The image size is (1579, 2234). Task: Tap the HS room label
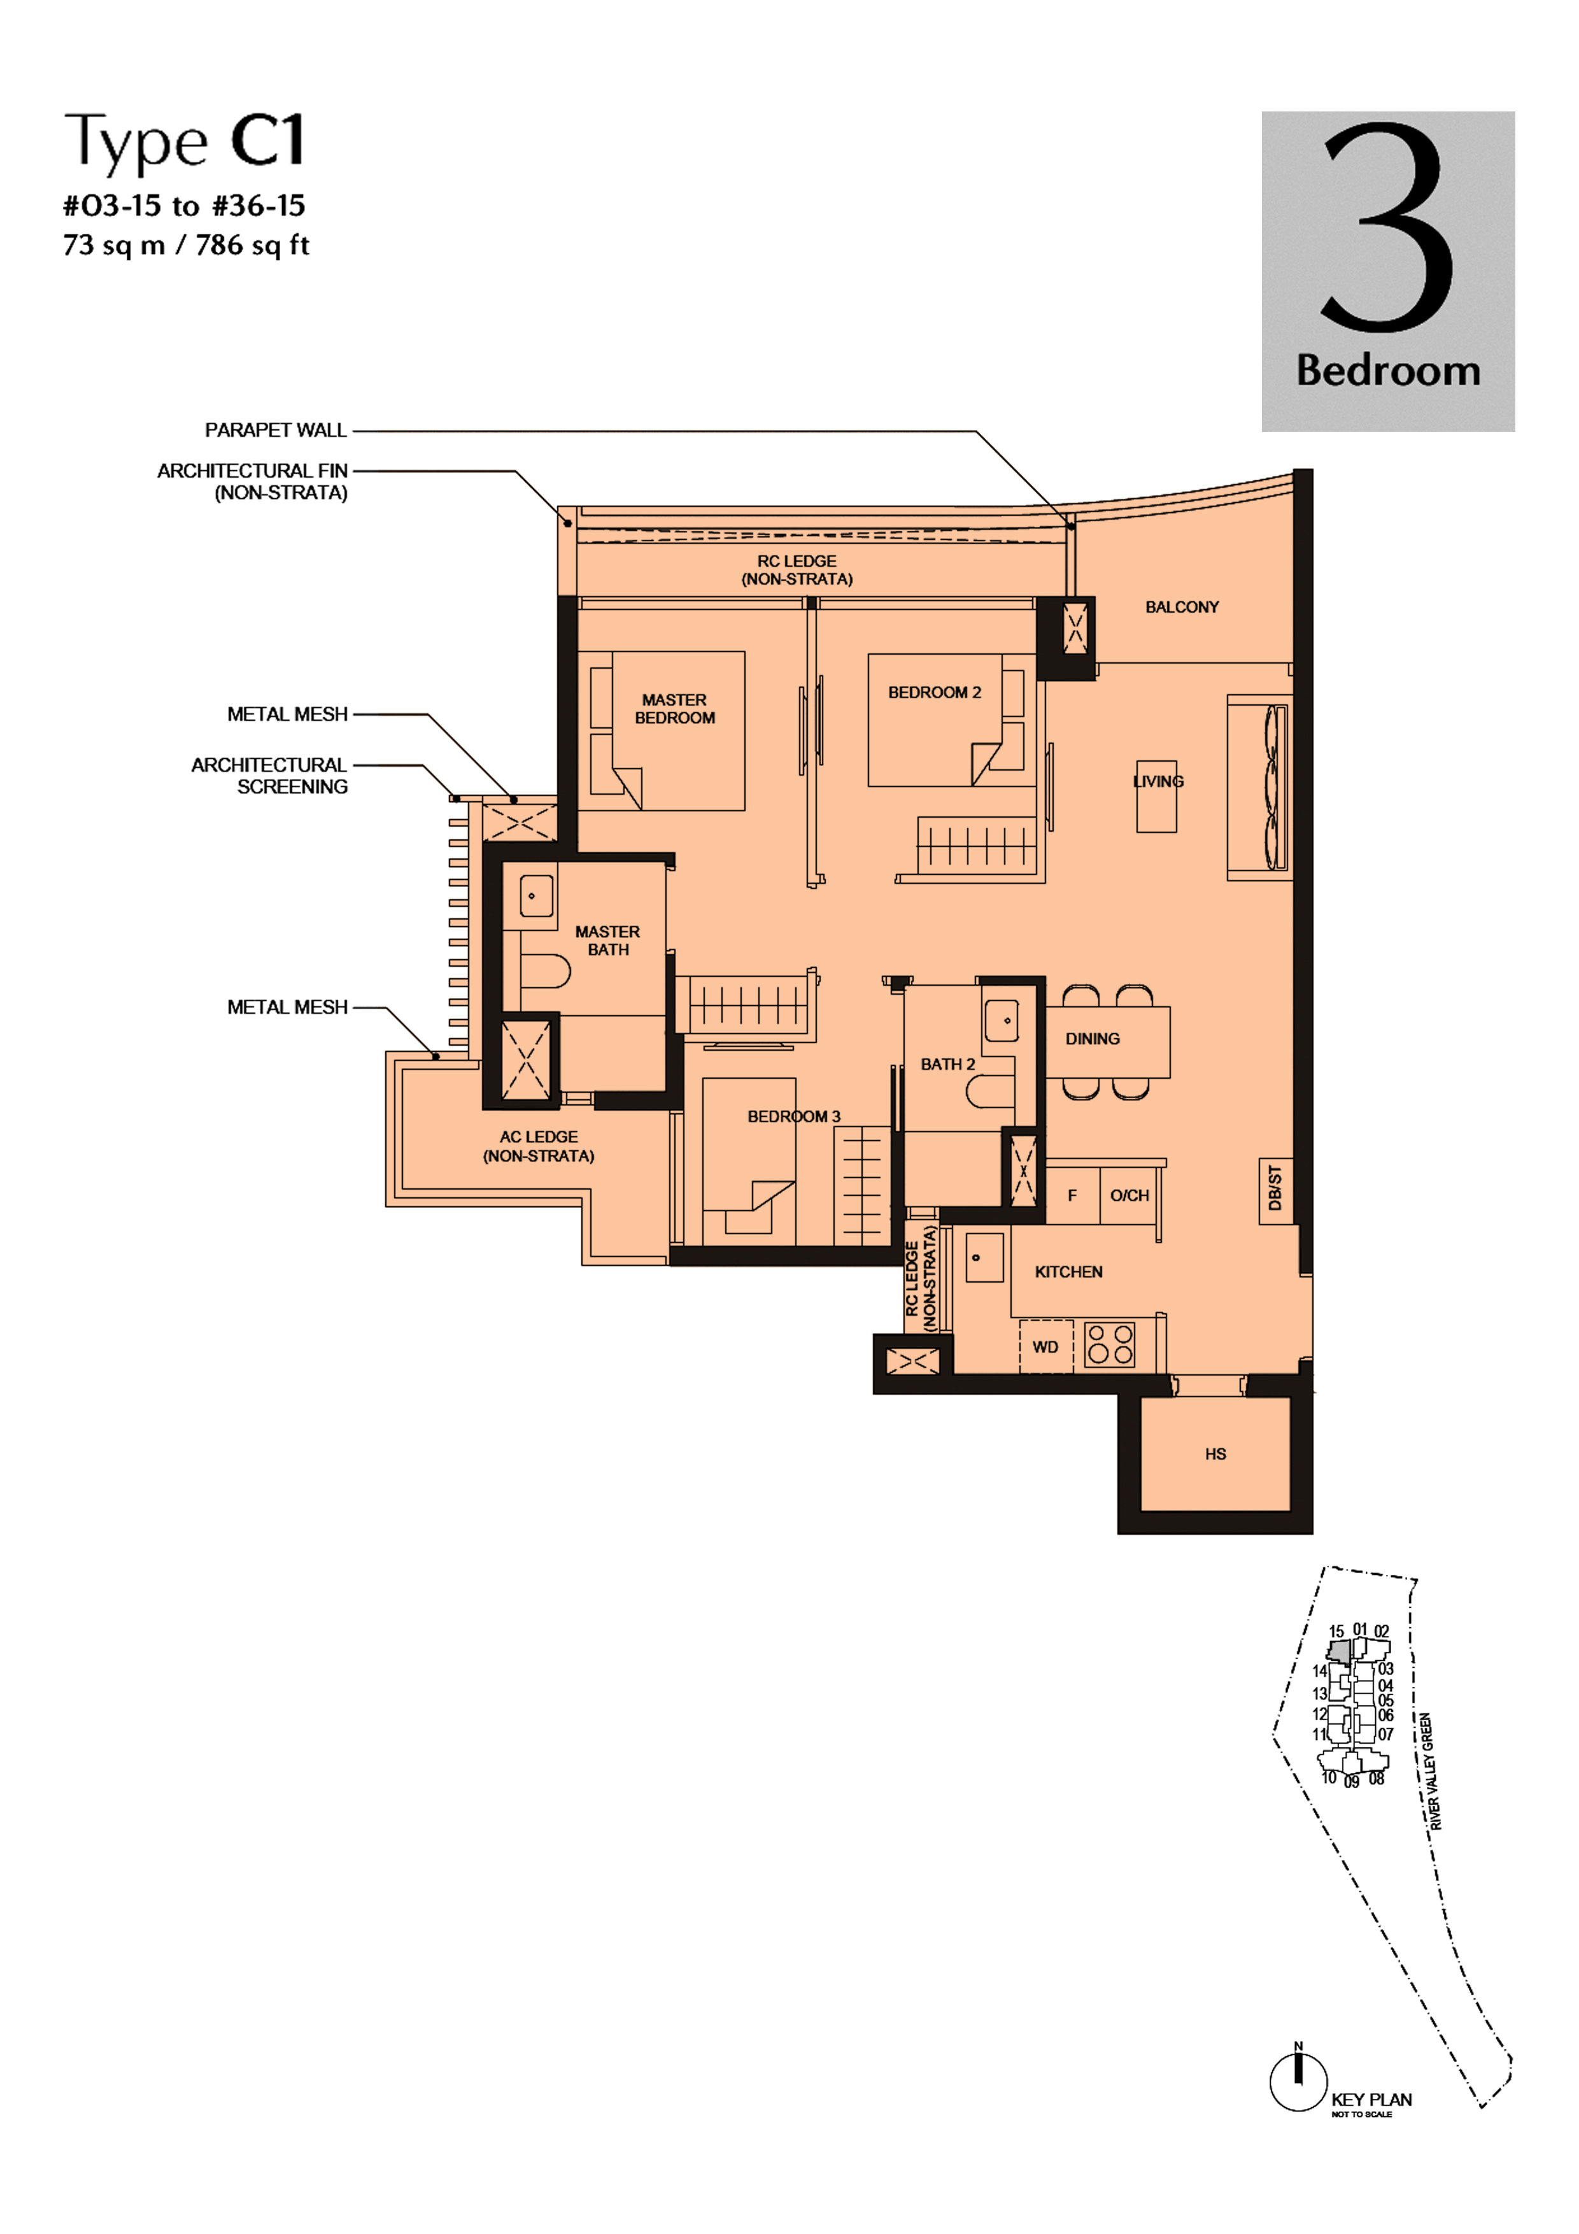click(1215, 1454)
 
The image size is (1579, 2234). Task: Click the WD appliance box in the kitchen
click(1046, 1347)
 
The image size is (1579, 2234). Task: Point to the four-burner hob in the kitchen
click(1110, 1345)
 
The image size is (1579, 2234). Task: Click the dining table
click(1108, 1042)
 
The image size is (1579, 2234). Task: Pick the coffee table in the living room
click(1157, 796)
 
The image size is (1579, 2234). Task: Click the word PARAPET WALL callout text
click(275, 430)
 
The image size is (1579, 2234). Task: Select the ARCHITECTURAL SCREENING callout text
click(269, 776)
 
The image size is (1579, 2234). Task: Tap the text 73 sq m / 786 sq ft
click(186, 245)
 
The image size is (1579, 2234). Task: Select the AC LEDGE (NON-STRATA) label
click(539, 1146)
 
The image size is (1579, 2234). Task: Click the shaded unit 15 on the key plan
click(1340, 1651)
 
